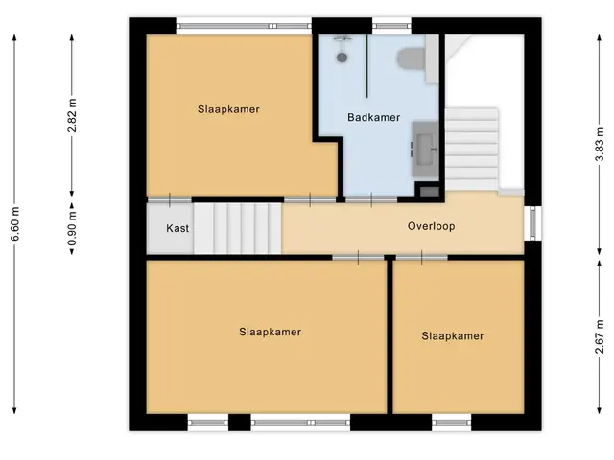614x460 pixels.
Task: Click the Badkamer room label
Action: tap(373, 117)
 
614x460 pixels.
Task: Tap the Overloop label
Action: tap(431, 226)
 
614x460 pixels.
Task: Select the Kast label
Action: tap(177, 228)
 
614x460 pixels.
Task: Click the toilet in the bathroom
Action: tap(412, 59)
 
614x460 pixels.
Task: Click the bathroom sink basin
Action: tap(425, 149)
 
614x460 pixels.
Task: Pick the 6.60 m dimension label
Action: tap(14, 224)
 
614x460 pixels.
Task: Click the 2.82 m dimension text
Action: tap(72, 116)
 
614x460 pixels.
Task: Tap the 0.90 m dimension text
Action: tap(72, 228)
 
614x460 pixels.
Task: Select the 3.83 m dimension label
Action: tap(600, 143)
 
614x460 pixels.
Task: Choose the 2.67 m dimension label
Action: tap(600, 336)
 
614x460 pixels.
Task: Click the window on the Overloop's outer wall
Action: tap(533, 223)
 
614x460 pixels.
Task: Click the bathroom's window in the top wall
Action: tap(391, 26)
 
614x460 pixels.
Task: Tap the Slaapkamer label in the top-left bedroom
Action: tap(228, 109)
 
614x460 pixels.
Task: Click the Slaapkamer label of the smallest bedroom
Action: tap(453, 336)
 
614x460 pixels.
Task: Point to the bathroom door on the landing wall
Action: tap(371, 200)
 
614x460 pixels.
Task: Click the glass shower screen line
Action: tap(366, 66)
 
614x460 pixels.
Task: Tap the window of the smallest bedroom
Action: tap(452, 423)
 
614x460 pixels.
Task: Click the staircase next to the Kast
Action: tap(237, 228)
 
